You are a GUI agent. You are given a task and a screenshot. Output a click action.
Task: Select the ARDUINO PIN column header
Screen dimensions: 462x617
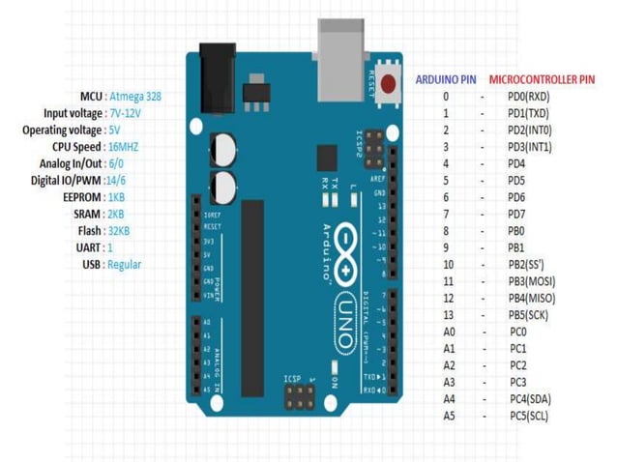pos(446,79)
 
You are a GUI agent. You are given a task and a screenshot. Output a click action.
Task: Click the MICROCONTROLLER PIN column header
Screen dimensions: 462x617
pos(542,79)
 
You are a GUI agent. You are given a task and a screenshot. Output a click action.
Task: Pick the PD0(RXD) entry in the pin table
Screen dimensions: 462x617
pos(529,97)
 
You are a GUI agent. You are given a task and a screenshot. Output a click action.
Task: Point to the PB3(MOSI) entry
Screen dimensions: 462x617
pos(532,280)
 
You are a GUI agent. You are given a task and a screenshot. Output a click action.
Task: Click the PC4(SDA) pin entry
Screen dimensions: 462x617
pos(531,398)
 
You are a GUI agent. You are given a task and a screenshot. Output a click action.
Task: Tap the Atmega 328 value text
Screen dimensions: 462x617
pos(135,97)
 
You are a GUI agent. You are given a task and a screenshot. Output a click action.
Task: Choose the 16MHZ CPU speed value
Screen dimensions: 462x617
pos(124,147)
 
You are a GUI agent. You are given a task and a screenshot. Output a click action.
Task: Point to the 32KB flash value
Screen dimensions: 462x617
pos(119,231)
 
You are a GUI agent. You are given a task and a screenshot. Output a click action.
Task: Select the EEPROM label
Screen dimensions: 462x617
pos(82,197)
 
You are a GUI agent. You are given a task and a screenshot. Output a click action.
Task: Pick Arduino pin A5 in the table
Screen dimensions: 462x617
pos(448,416)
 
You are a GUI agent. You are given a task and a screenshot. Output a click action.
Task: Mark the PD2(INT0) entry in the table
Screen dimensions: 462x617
pos(530,130)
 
